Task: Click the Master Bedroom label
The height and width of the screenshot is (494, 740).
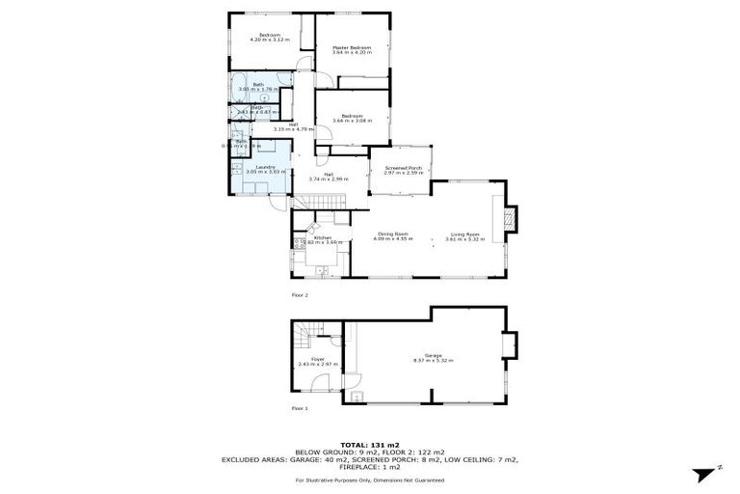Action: (353, 47)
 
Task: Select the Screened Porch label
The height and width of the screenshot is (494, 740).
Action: (404, 168)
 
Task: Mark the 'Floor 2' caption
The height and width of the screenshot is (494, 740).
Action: (300, 294)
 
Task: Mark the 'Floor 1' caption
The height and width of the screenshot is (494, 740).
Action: (300, 408)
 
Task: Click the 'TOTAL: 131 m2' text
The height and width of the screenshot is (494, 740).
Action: (369, 445)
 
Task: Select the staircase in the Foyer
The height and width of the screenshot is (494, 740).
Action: (305, 340)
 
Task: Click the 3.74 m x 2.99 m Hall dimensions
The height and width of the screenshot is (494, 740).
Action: (328, 178)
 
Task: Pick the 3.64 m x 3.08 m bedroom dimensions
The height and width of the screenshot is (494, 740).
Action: (352, 121)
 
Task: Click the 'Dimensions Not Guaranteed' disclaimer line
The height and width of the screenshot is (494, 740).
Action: (369, 479)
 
